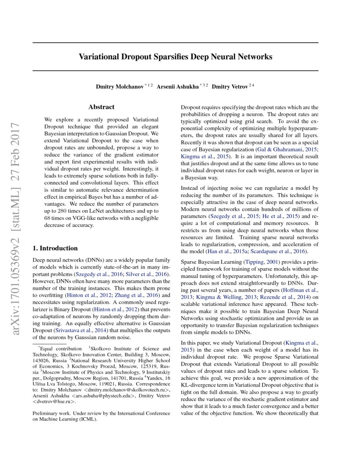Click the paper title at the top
pyautogui.click(x=175, y=56)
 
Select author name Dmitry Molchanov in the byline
pyautogui.click(x=119, y=87)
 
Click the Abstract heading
pyautogui.click(x=101, y=107)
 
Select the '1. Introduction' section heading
pyautogui.click(x=55, y=248)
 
